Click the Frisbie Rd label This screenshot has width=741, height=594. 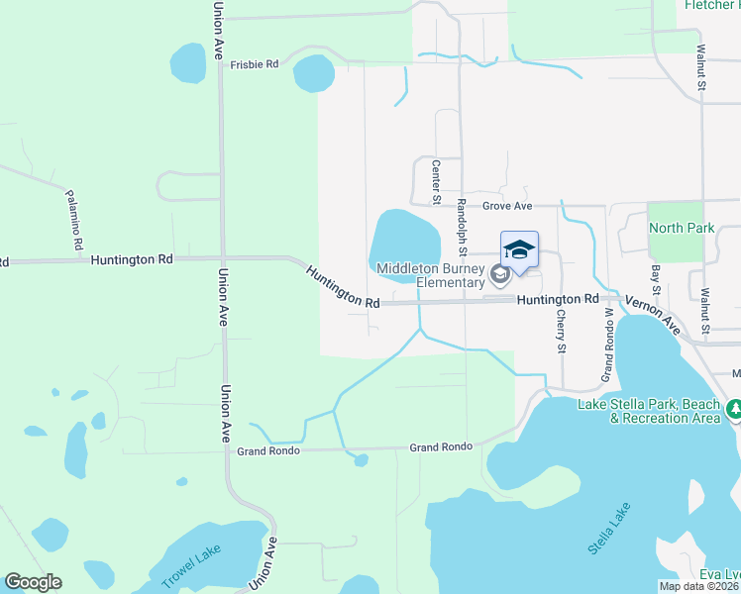pos(255,64)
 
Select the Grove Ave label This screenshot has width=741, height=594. pos(507,206)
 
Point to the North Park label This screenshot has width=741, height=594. pos(682,228)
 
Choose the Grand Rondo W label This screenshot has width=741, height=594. pos(605,346)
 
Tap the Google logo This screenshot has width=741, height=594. pos(33,582)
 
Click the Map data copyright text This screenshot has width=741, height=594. pos(699,586)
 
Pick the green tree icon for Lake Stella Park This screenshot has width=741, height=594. pos(734,409)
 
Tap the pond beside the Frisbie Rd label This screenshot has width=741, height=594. pos(313,72)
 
